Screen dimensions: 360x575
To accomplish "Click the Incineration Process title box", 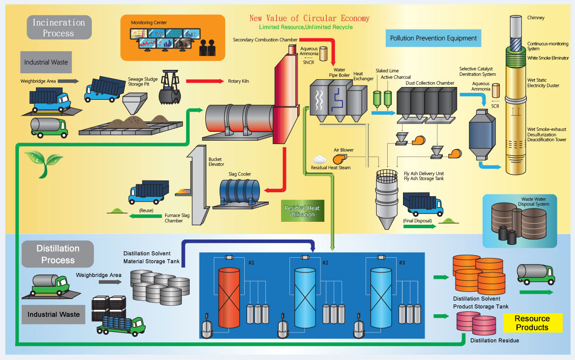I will [59, 28].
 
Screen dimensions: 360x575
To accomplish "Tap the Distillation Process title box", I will [58, 254].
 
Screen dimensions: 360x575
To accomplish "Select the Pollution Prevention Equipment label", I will [433, 38].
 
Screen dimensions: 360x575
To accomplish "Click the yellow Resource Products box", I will [532, 323].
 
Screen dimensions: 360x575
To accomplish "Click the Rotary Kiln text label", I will [239, 81].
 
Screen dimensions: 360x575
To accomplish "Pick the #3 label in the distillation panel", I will [402, 263].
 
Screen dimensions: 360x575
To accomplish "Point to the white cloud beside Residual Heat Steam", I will [320, 159].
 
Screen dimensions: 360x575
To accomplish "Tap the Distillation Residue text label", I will [494, 340].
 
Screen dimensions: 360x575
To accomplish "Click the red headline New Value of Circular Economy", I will [309, 18].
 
